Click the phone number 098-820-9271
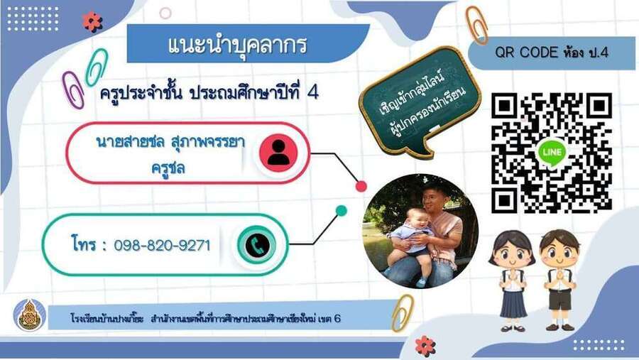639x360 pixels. tap(162, 246)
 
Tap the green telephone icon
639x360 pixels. tap(257, 246)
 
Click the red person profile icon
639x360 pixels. tap(278, 153)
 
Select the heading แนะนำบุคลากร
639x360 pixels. tap(237, 45)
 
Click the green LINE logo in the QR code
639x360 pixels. tap(552, 153)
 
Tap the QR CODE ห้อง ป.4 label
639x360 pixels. tap(552, 52)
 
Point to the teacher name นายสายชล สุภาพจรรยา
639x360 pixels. tap(170, 142)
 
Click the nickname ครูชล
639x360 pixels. tap(168, 168)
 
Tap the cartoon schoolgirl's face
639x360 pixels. tap(512, 253)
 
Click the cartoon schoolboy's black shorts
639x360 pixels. tap(560, 300)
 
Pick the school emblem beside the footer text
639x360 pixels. tap(30, 315)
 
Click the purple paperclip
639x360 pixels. tap(73, 89)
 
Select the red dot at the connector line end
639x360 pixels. tap(361, 186)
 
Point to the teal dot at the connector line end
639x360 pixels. tap(341, 211)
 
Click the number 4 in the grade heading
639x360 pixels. tap(312, 93)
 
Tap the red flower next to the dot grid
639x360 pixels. tap(92, 21)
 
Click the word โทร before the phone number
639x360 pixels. tap(84, 244)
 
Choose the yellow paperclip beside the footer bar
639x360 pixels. tap(403, 312)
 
